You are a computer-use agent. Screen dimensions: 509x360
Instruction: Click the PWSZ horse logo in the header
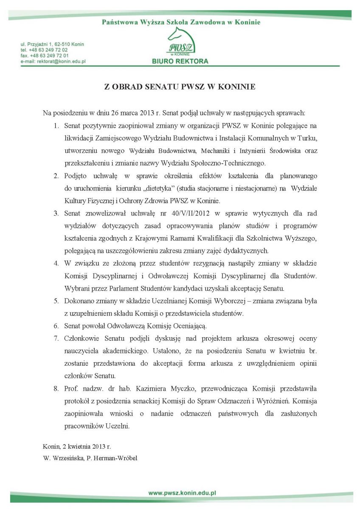pyautogui.click(x=180, y=43)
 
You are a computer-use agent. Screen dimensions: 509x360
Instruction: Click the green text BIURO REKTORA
pyautogui.click(x=180, y=61)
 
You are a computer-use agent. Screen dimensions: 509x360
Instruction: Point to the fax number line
pyautogui.click(x=45, y=56)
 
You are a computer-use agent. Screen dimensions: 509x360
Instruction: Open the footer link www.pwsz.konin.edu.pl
pyautogui.click(x=183, y=493)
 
